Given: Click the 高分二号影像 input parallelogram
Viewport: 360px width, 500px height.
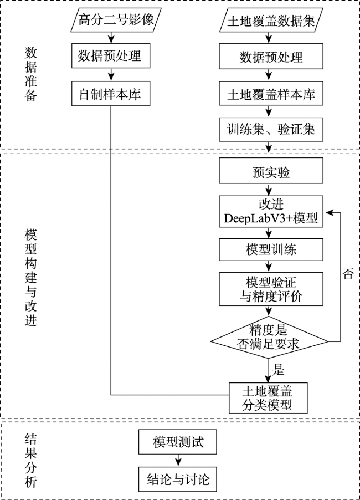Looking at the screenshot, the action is (116, 20).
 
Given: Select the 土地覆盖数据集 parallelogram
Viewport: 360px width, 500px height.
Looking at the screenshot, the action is (271, 20).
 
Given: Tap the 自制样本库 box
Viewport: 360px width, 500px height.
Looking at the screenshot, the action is (111, 94).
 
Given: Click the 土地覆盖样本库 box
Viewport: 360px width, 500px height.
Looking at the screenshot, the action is (271, 94).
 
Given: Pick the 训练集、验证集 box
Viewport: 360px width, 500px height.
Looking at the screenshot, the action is (271, 130).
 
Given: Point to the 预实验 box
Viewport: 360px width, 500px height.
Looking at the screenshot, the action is (271, 171).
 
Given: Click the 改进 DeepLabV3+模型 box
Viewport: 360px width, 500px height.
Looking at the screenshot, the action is (271, 211).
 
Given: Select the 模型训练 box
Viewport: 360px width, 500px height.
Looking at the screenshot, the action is (271, 249).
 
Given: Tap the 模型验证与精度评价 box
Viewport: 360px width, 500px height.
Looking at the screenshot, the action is (271, 289).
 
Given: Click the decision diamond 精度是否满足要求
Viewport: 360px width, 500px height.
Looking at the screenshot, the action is (269, 338).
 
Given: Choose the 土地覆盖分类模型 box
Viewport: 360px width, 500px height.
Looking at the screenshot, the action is (268, 398).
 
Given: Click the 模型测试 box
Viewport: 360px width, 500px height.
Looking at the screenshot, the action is (177, 442).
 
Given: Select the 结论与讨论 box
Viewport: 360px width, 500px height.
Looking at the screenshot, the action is (177, 479).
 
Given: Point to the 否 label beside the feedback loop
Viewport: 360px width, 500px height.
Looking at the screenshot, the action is (348, 274).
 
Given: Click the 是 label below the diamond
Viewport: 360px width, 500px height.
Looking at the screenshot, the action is (278, 370).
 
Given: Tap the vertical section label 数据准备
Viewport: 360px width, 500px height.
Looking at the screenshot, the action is (31, 74).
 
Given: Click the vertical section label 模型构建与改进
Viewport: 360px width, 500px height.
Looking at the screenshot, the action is (31, 277).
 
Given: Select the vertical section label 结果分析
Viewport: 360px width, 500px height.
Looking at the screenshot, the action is (31, 461).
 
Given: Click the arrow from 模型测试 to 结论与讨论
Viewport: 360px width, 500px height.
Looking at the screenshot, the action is (178, 461).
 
